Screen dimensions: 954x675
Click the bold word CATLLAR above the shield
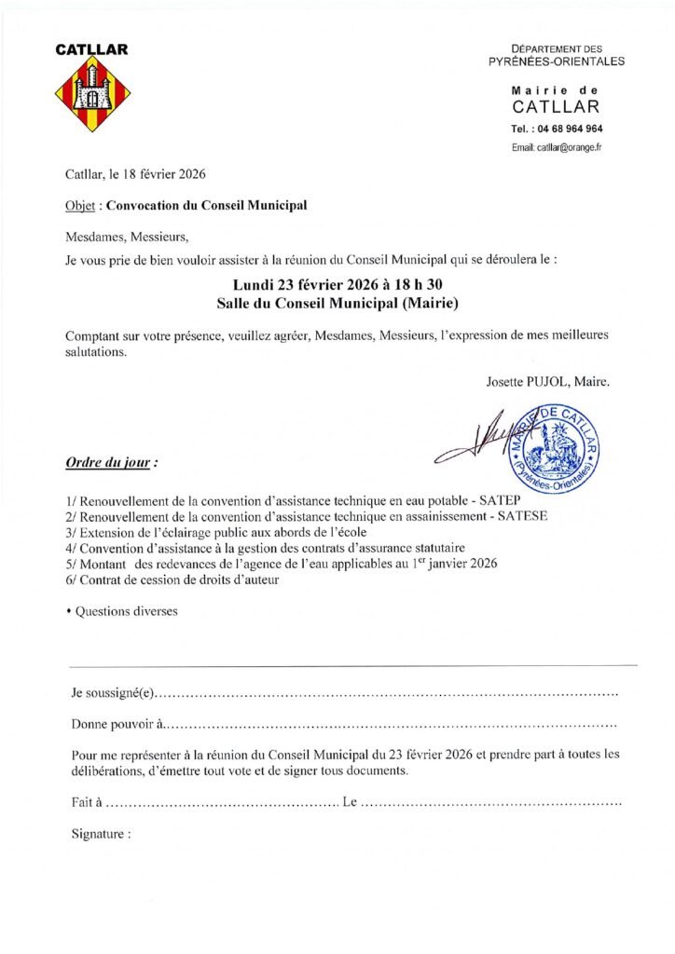coord(91,49)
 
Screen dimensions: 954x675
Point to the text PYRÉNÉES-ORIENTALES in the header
coord(557,61)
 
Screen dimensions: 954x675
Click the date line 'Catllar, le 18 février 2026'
coord(135,174)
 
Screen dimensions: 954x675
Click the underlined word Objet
coord(80,205)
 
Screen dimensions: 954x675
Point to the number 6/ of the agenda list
coord(72,579)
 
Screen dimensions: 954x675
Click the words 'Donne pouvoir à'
coord(118,724)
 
